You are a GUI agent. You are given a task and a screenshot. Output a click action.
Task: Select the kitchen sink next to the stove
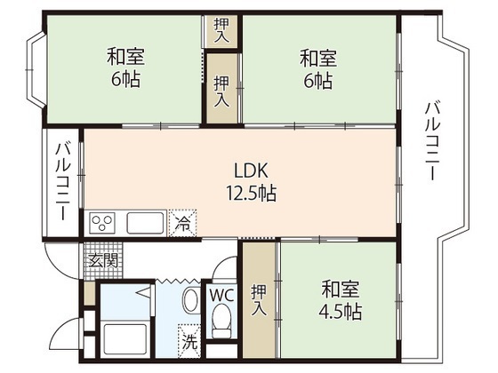pos(144,222)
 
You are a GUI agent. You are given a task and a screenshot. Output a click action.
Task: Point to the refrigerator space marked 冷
pos(181,222)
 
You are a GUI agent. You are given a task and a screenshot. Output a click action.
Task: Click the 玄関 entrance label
pos(102,260)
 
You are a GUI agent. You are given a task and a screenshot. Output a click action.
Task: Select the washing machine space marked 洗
pos(189,337)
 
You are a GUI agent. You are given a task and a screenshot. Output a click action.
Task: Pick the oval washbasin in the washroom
pos(190,301)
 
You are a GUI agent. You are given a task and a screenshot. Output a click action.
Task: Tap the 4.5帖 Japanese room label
pos(341,302)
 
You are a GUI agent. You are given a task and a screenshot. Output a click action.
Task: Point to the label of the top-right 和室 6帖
pos(317,68)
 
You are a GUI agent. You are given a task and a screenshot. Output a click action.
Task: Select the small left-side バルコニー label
pos(63,185)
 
